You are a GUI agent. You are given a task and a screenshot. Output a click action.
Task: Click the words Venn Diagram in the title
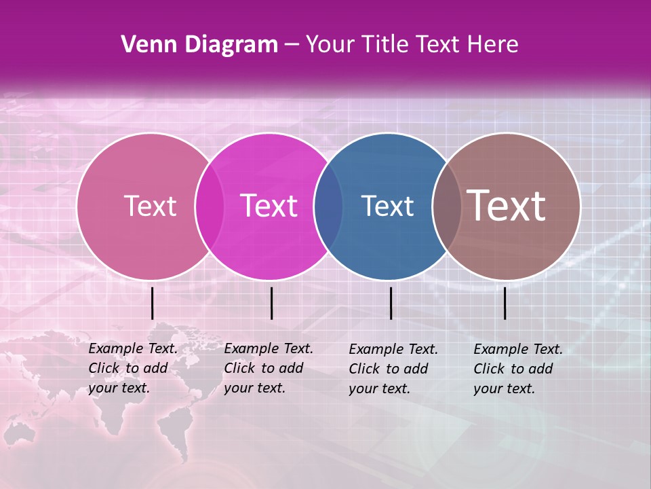[199, 45]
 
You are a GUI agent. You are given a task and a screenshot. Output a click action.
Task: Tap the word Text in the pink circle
[150, 206]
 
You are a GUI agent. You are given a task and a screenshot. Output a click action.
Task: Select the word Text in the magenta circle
[269, 206]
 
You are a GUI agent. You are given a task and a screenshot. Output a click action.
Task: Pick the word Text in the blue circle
[387, 206]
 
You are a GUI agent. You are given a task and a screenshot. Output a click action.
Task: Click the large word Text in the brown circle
[506, 206]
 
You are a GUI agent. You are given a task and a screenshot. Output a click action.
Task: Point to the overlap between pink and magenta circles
[210, 206]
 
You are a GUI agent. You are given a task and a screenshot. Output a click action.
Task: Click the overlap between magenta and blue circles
[328, 206]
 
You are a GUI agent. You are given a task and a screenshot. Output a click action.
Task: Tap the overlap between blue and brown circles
[447, 206]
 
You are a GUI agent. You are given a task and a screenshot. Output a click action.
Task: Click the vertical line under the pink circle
[153, 303]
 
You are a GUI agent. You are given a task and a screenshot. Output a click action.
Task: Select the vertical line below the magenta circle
[271, 303]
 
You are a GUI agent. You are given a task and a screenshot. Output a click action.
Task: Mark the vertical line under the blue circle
[391, 303]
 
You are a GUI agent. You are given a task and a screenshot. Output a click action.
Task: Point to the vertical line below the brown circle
[505, 303]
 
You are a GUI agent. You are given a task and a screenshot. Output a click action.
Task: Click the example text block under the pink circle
[133, 368]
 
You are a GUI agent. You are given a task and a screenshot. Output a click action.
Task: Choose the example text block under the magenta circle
[269, 368]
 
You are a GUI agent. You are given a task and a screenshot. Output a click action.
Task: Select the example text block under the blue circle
[393, 369]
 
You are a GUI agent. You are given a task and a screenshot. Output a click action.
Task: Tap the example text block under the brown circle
[518, 369]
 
